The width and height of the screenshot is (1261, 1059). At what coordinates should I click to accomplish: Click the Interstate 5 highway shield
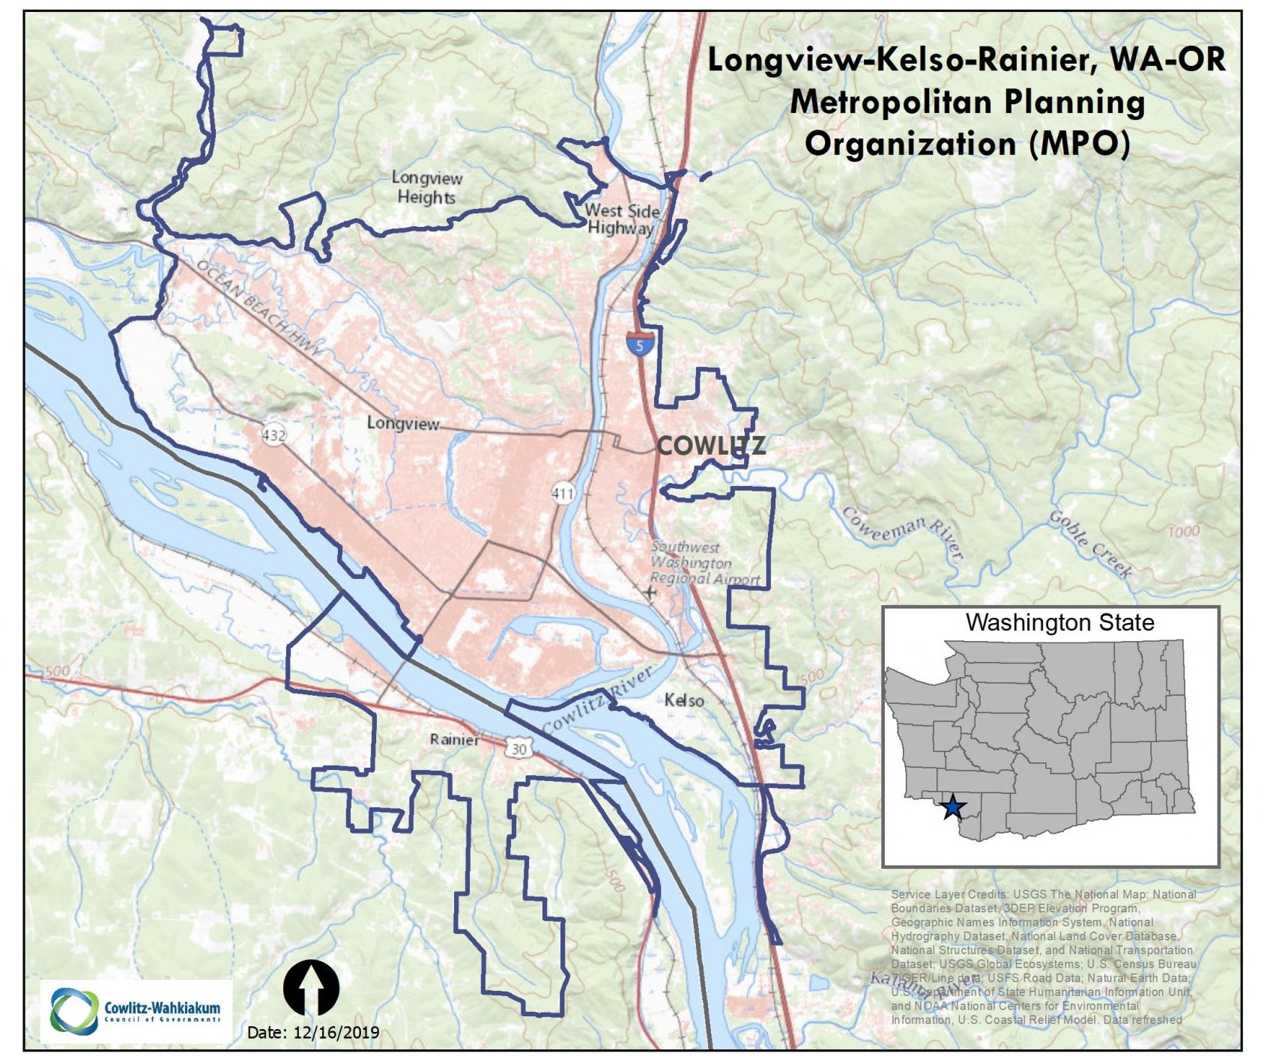point(639,344)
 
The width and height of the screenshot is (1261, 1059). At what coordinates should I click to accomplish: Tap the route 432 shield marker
point(273,434)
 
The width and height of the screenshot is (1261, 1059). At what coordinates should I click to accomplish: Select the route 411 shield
point(562,493)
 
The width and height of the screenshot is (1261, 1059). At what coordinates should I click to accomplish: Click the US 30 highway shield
point(518,748)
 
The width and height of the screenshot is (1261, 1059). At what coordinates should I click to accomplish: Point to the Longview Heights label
point(426,188)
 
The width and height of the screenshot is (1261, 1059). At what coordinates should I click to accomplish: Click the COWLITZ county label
point(710,446)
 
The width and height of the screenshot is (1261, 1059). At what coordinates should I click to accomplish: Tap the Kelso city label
point(684,700)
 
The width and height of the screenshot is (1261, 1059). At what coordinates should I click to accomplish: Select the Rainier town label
point(454,740)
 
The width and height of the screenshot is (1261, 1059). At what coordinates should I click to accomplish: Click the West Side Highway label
point(622,219)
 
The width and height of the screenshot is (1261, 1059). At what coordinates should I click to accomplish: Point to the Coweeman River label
point(902,532)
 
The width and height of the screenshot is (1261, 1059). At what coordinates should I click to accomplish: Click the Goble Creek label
point(1090,544)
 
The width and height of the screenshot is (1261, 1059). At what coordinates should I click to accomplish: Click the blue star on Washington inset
point(952,807)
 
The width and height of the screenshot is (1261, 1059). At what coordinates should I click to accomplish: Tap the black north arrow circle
point(311,988)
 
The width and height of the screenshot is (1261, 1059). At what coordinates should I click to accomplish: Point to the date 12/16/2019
point(313,1033)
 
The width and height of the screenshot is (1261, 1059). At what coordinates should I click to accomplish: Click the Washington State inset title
point(1059,622)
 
